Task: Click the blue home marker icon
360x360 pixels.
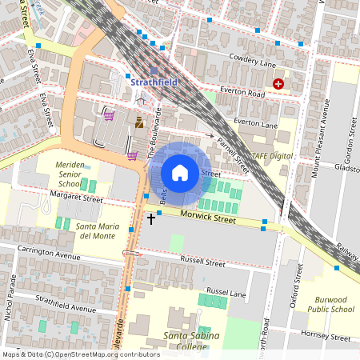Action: click(180, 173)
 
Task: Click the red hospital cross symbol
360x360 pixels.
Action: click(278, 83)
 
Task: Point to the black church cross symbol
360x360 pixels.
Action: click(151, 217)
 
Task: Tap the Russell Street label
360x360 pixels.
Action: click(204, 262)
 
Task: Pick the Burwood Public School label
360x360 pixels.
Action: click(330, 303)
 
